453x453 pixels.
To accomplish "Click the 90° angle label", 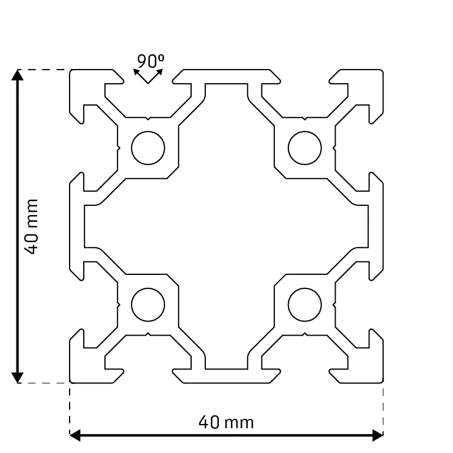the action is [x=150, y=61].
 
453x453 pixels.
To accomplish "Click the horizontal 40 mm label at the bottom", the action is [x=226, y=422].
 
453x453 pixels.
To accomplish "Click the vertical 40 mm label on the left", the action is [x=31, y=226].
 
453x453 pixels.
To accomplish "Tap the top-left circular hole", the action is [x=148, y=148].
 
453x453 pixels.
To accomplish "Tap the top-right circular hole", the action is [x=305, y=148].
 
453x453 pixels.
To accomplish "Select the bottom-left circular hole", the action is [x=148, y=304].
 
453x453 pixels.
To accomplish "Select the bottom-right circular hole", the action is [x=305, y=304].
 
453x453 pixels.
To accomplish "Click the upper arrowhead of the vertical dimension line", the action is [x=17, y=75].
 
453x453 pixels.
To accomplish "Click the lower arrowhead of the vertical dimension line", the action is [x=17, y=377].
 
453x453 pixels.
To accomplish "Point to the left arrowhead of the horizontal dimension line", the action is [x=75, y=435].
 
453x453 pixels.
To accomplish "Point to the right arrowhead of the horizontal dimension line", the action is [x=377, y=435].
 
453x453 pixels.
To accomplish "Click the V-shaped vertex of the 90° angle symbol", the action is [x=148, y=83].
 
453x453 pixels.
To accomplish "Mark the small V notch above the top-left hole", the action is [x=148, y=119].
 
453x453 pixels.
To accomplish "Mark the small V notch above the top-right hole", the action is [x=305, y=119].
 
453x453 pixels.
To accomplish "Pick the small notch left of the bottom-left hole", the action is [x=119, y=304].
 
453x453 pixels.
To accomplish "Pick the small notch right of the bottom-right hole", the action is [x=334, y=304].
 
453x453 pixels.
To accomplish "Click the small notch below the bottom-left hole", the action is [x=148, y=334].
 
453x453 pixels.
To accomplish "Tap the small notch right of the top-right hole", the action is [x=334, y=148].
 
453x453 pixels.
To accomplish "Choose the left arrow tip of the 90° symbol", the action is [x=134, y=70].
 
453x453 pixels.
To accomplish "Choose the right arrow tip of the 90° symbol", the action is [x=163, y=70].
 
